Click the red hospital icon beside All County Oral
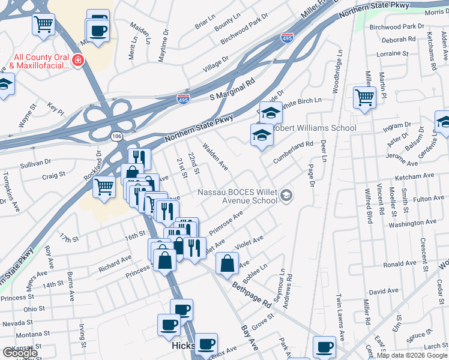[77, 61]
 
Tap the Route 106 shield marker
[116, 137]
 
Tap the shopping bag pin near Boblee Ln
[227, 264]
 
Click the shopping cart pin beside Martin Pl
[364, 98]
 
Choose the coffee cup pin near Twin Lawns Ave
[325, 347]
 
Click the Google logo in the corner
[19, 353]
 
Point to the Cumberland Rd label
[294, 152]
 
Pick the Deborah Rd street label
[398, 40]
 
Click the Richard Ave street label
[115, 262]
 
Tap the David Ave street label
[384, 292]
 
